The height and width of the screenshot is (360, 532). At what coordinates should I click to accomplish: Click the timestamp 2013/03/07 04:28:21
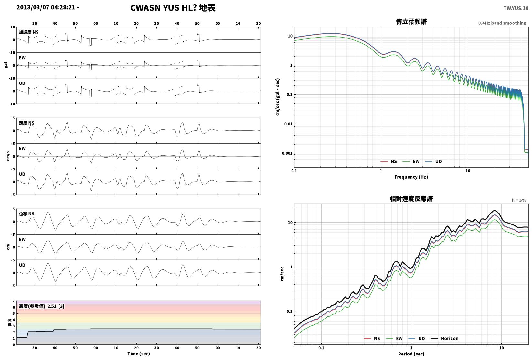[x=46, y=7]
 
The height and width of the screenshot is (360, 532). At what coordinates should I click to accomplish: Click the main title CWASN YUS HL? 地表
[x=173, y=8]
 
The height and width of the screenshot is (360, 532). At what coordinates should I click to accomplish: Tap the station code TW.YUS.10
[x=516, y=8]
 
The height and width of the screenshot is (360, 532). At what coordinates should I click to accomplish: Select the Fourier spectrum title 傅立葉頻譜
[x=411, y=22]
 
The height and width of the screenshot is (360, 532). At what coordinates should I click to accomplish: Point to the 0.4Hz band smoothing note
[x=502, y=23]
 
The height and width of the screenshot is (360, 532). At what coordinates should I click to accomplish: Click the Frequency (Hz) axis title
[x=411, y=177]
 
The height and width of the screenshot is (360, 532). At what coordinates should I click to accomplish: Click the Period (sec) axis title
[x=411, y=354]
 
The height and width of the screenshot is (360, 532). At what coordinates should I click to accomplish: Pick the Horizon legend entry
[x=444, y=338]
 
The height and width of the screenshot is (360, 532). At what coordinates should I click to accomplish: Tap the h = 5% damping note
[x=519, y=200]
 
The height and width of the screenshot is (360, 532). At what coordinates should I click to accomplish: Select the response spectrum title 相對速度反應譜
[x=411, y=199]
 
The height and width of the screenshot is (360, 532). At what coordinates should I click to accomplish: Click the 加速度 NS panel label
[x=28, y=32]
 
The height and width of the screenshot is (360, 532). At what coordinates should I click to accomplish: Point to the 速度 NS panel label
[x=27, y=123]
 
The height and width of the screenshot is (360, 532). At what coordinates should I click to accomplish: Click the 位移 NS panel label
[x=27, y=214]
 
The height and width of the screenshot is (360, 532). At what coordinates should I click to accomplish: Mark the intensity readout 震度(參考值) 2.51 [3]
[x=41, y=306]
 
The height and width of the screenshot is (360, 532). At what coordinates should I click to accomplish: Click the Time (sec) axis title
[x=138, y=354]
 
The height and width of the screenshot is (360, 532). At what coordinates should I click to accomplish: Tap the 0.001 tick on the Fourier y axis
[x=287, y=153]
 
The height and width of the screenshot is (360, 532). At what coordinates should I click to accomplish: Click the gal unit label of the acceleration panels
[x=6, y=65]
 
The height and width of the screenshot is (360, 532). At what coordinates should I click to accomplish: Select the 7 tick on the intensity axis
[x=14, y=301]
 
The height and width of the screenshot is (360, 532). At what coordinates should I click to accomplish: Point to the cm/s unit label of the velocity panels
[x=8, y=156]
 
